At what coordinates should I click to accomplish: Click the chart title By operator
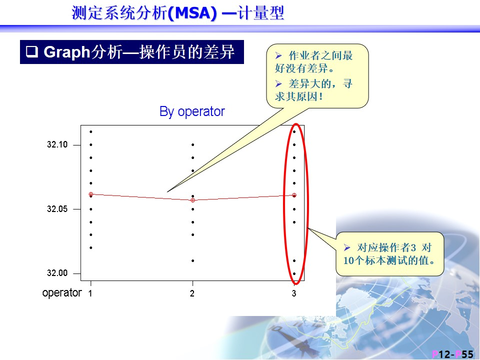click(x=192, y=111)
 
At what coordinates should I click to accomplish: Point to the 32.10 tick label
click(x=57, y=144)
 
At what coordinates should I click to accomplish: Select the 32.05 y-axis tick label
click(x=57, y=209)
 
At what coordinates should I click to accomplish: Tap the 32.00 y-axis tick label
click(x=57, y=273)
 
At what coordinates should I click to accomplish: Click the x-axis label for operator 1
click(x=90, y=293)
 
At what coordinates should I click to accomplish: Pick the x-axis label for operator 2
click(x=192, y=293)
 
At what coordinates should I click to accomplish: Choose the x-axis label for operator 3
click(x=294, y=293)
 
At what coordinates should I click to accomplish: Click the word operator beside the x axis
click(x=62, y=293)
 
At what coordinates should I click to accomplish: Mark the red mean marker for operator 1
click(x=91, y=194)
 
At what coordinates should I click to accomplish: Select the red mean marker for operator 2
click(x=193, y=200)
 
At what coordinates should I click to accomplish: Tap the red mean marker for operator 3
click(x=294, y=195)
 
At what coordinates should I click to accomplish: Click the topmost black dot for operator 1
click(x=91, y=131)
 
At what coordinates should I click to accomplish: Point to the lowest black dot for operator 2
click(x=193, y=261)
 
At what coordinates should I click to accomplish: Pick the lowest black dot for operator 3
click(x=294, y=273)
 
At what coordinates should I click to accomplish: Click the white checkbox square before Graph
click(x=32, y=51)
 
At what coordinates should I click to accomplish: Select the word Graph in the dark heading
click(x=67, y=52)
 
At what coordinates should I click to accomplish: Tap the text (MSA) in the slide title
click(x=192, y=13)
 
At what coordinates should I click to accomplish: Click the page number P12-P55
click(x=452, y=354)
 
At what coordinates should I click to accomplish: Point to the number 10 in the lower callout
click(x=348, y=260)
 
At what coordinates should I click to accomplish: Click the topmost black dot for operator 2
click(x=193, y=144)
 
